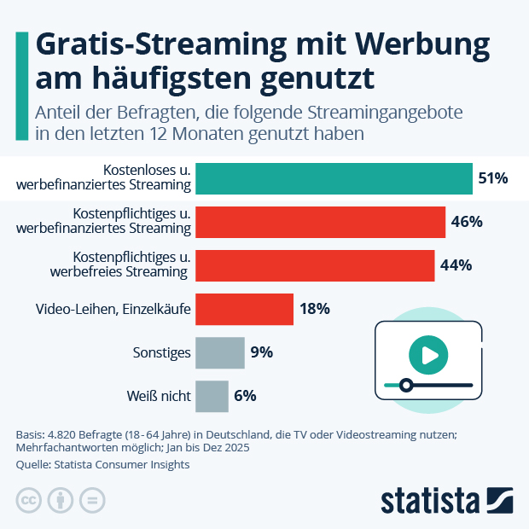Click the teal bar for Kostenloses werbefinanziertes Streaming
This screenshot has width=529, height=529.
(x=334, y=178)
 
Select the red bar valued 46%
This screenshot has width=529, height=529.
(x=320, y=222)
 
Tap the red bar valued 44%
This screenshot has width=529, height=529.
(x=315, y=264)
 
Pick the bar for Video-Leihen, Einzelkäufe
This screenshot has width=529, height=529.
(x=244, y=308)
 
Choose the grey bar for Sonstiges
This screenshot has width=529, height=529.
(x=219, y=352)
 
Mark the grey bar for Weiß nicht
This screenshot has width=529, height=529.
(x=212, y=395)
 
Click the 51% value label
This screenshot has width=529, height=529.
(x=493, y=178)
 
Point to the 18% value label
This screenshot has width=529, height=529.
(x=314, y=308)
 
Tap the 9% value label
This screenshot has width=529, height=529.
(x=261, y=352)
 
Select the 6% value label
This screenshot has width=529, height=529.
(x=245, y=395)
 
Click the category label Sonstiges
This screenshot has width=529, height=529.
(x=161, y=352)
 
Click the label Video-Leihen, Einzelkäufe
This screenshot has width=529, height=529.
(x=113, y=308)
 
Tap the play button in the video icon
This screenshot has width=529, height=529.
(x=428, y=352)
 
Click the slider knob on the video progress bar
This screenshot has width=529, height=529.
(x=406, y=385)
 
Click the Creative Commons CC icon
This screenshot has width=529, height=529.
(x=30, y=500)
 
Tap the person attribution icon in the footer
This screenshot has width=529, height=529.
(x=61, y=500)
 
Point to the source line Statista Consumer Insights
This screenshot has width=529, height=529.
(x=102, y=464)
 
